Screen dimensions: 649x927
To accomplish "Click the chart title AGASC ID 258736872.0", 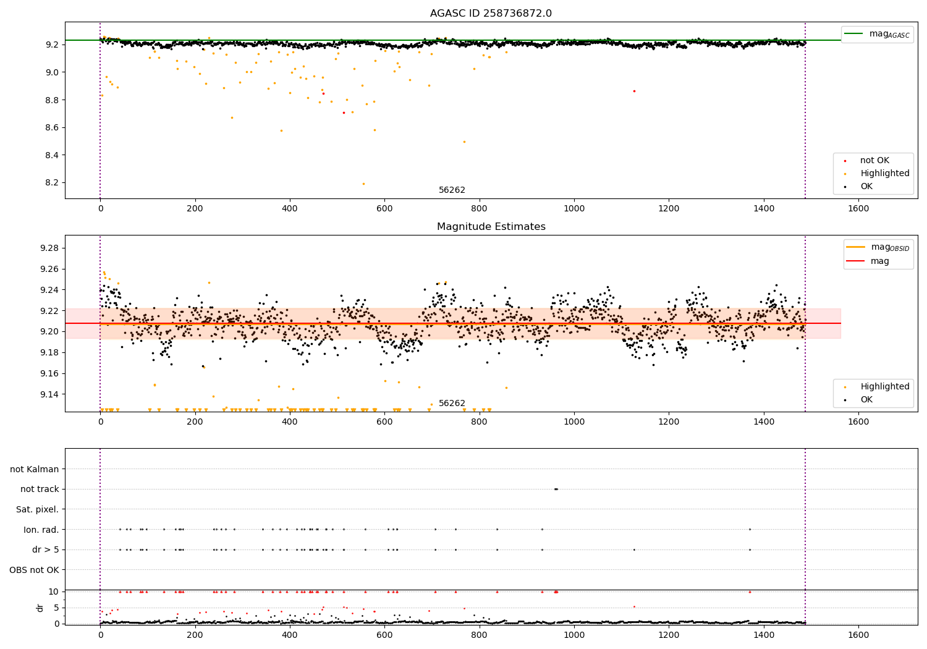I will point(491,14).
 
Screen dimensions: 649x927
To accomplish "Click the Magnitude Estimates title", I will point(491,227).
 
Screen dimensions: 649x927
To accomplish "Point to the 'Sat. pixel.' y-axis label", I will point(37,509).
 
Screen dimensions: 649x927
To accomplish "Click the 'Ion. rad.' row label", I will point(41,530).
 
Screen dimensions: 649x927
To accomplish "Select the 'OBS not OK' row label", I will point(34,570).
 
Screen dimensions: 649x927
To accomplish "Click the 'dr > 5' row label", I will point(45,549).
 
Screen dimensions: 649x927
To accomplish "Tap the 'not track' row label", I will point(40,490).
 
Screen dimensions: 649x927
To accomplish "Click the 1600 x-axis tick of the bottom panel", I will point(858,635).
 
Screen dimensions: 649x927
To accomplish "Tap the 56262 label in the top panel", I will point(452,190).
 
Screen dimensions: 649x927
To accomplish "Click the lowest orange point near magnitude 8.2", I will point(363,184).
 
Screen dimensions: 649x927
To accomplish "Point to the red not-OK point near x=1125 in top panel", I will point(634,91).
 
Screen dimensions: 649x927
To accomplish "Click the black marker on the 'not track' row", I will point(556,489).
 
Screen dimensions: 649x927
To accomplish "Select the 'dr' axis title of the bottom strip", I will point(40,608).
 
